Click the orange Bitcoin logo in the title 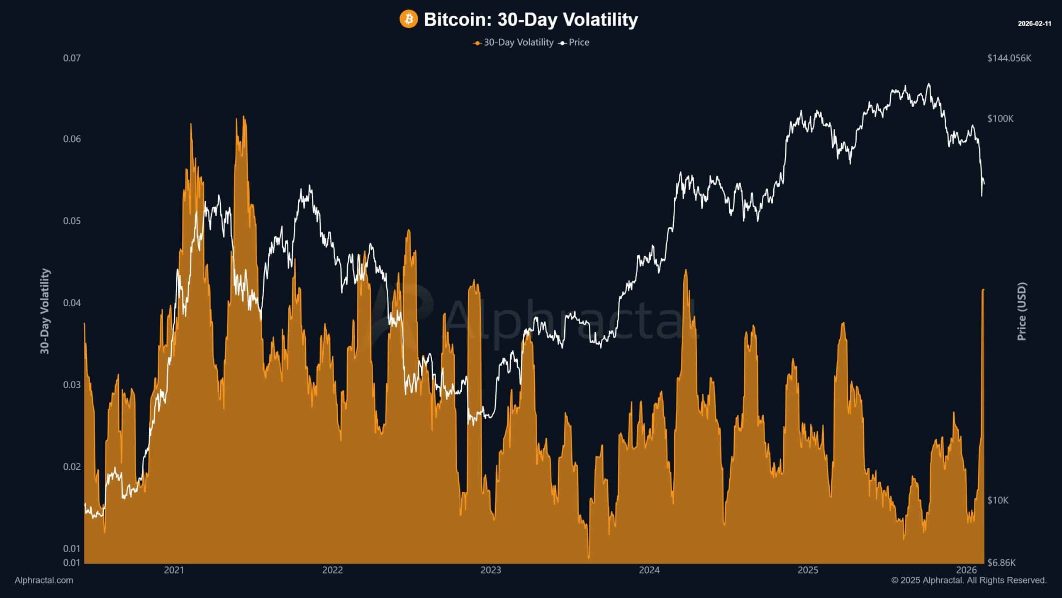[x=409, y=20]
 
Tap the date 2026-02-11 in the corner [x=1034, y=24]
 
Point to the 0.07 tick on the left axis [x=72, y=58]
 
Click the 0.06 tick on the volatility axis [x=72, y=139]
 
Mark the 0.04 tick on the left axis [x=72, y=303]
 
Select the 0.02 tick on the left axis [x=72, y=467]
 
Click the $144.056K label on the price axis [x=1009, y=58]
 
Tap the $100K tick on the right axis [x=1000, y=119]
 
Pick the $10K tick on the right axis [x=998, y=500]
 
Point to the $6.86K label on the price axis [x=1001, y=563]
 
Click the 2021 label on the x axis [x=174, y=570]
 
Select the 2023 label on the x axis [x=491, y=570]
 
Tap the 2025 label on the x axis [x=808, y=570]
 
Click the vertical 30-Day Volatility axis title [x=45, y=311]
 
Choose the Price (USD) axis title [x=1022, y=311]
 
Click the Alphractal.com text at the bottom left [x=44, y=581]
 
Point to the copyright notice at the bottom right [x=969, y=581]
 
